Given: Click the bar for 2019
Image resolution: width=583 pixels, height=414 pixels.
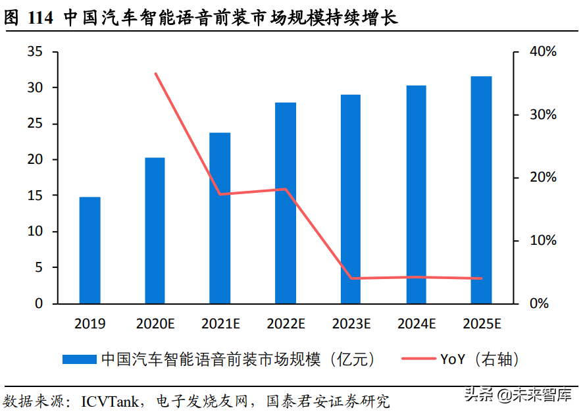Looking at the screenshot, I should (x=89, y=250).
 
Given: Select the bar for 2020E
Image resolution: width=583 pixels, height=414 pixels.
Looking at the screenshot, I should (x=155, y=230).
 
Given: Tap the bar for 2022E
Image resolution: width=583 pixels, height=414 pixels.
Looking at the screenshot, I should (x=286, y=203).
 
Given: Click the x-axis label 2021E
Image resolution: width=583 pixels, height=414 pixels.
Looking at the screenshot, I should (x=220, y=324).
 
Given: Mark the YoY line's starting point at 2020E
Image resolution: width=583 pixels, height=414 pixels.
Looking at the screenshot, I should (x=155, y=74).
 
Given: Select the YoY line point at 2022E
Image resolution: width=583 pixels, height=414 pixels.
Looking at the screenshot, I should (x=286, y=189).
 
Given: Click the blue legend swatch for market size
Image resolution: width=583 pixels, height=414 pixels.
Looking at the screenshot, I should (x=80, y=359).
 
